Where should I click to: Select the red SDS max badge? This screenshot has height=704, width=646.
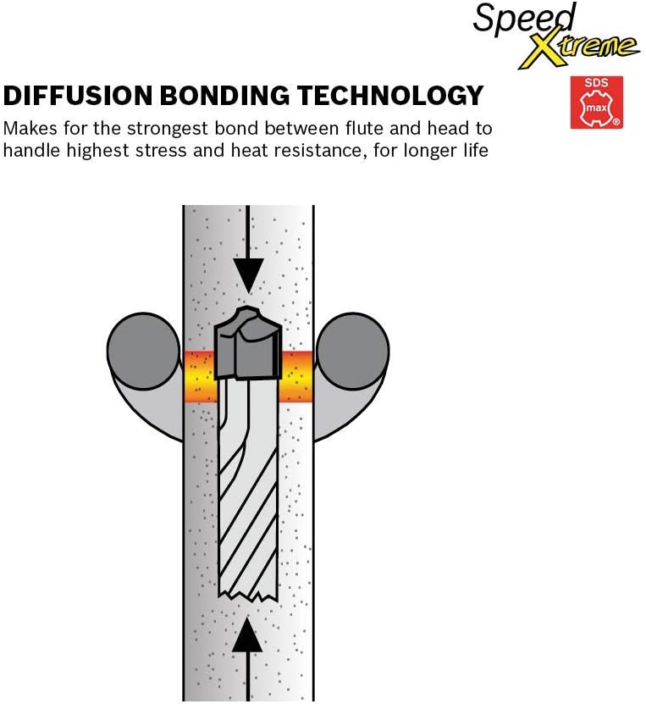coord(596,103)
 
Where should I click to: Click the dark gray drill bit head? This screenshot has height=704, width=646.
coord(248,347)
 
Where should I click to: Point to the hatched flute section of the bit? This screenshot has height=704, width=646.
coord(248,500)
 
